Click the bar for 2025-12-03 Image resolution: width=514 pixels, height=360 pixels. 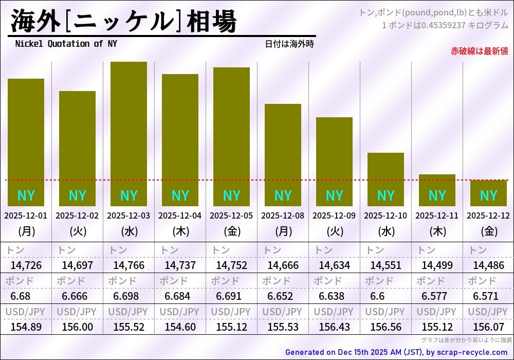(128, 134)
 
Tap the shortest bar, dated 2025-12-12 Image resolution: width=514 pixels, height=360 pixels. (488, 193)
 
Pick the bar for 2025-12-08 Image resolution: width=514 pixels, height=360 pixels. (283, 154)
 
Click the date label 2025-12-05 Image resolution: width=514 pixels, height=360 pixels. (231, 216)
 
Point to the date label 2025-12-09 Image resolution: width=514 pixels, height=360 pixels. (334, 216)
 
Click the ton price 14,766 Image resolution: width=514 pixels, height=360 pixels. (128, 266)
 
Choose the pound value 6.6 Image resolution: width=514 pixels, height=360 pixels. (377, 296)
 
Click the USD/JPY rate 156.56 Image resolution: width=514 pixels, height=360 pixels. (385, 327)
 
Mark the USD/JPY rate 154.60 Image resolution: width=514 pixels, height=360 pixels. (180, 327)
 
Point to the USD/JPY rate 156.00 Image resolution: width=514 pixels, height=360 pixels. (77, 327)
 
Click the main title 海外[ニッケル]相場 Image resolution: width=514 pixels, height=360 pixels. (123, 22)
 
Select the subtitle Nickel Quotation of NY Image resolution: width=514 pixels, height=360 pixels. (66, 44)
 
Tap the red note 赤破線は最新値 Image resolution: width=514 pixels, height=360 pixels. (479, 51)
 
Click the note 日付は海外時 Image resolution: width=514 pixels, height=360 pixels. (289, 44)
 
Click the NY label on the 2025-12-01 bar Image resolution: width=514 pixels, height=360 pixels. (26, 196)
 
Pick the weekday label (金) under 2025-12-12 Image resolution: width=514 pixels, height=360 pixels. (488, 231)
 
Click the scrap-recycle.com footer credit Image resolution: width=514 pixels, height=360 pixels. (396, 352)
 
